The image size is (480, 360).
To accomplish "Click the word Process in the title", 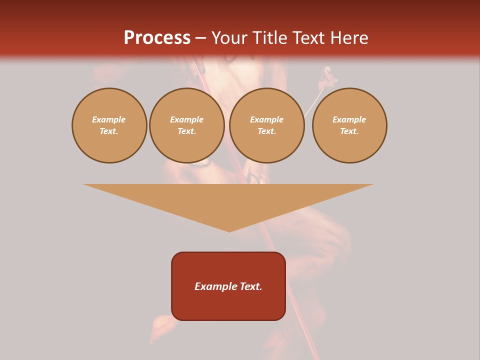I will coord(157,38).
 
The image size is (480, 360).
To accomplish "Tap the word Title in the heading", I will coord(269,38).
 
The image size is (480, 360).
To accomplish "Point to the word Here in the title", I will coord(349,38).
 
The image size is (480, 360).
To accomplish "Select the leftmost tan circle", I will coord(109,125).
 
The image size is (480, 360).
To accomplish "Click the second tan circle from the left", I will coord(187,125).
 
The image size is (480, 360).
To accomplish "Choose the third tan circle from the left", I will coord(267,125).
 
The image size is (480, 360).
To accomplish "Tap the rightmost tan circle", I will coord(349,125).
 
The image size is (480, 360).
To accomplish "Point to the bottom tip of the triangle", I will coord(229,231).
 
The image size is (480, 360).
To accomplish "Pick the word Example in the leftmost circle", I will coord(109,120).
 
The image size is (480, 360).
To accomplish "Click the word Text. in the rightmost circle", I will coord(349,131).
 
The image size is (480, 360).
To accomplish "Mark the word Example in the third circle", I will coord(267,120).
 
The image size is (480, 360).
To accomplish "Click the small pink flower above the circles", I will coord(328,79).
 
